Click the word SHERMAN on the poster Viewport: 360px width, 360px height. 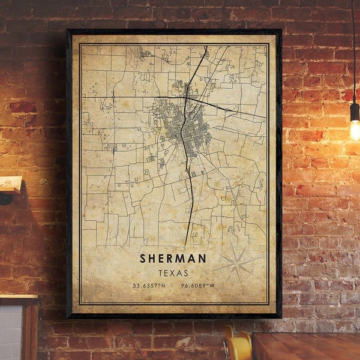173,259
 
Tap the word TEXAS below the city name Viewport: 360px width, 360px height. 173,273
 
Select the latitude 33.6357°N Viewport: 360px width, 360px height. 149,286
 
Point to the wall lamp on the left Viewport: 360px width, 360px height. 10,186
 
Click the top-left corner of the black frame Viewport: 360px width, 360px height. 68,31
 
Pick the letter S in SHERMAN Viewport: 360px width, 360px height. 143,259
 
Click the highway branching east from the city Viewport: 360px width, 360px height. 234,109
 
